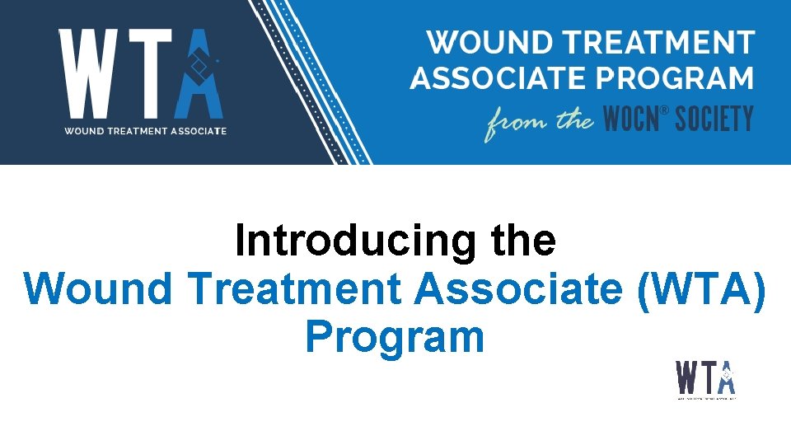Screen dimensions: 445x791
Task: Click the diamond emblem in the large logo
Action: point(199,65)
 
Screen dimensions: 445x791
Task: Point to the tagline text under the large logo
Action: point(146,130)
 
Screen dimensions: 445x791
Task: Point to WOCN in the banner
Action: point(630,120)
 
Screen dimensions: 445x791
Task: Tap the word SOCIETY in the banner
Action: point(714,120)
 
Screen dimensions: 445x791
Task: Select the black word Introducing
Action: point(354,241)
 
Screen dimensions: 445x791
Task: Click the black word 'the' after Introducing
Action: point(522,241)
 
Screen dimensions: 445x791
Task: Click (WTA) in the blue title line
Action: point(701,289)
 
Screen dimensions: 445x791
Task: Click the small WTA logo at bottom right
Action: point(706,380)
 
